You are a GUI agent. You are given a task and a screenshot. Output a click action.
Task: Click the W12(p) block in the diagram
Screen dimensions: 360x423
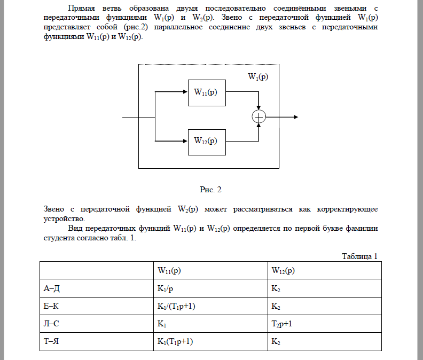click(206, 142)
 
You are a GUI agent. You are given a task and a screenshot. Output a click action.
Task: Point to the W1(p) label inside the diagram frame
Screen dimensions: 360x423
click(258, 77)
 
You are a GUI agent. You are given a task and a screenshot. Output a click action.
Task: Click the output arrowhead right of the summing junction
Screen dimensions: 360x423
click(295, 117)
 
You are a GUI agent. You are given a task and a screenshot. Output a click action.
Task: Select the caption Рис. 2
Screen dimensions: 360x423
click(210, 190)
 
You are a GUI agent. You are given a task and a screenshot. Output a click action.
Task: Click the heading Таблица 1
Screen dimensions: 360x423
click(359, 256)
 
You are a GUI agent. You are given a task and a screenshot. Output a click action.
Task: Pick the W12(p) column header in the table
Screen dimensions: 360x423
click(283, 271)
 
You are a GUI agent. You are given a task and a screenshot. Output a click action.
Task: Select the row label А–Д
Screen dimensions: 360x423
click(52, 289)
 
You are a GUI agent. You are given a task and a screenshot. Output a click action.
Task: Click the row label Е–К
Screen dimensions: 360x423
click(52, 307)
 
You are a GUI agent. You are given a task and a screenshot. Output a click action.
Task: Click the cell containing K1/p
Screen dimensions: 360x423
click(164, 289)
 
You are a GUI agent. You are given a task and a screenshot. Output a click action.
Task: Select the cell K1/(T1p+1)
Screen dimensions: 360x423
click(175, 307)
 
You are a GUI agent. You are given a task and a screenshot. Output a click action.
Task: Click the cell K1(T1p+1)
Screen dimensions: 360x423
click(175, 342)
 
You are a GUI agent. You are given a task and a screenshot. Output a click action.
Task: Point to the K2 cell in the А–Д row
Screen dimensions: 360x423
click(276, 289)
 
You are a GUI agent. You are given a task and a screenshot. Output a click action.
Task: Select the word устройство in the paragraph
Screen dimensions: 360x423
click(63, 219)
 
